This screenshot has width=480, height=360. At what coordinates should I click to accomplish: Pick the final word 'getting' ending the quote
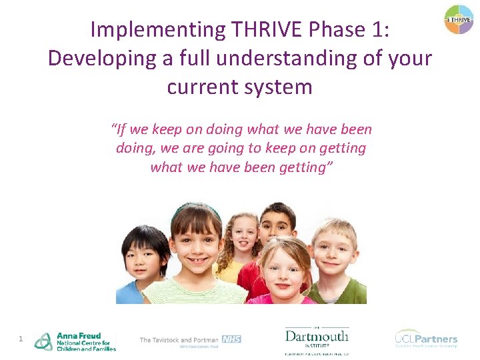click(297, 167)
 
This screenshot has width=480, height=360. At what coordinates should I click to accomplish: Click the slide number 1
click(21, 339)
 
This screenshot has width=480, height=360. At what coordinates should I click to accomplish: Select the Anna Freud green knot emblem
click(43, 341)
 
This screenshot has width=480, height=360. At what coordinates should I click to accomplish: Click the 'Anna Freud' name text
click(79, 335)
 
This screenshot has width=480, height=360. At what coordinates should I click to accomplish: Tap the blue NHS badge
click(231, 339)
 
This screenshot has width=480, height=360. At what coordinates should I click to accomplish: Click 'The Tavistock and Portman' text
click(179, 340)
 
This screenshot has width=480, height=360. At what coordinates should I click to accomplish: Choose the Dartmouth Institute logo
click(316, 337)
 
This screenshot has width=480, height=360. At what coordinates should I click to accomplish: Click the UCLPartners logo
click(426, 338)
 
